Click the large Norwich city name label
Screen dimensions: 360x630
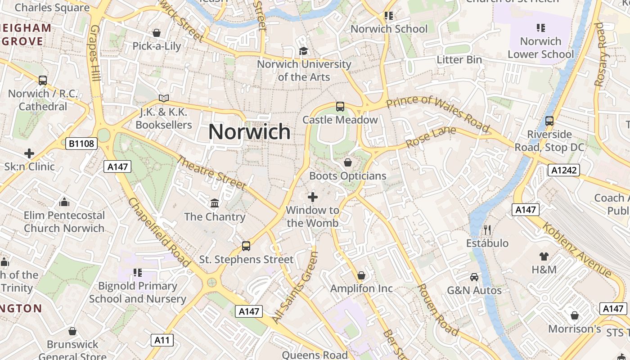(x=249, y=132)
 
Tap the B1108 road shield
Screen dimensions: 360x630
(x=81, y=144)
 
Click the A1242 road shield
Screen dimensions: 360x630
(x=563, y=170)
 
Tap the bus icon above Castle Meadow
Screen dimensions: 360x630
(x=340, y=107)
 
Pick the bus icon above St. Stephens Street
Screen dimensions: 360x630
(x=246, y=246)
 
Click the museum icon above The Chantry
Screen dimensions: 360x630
(x=215, y=203)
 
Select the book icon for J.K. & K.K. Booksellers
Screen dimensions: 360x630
(x=164, y=98)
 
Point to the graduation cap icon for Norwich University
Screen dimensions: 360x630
(x=304, y=51)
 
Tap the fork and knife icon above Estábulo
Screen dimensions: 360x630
(x=487, y=230)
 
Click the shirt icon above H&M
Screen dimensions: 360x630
(x=544, y=256)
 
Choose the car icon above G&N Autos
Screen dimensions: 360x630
(x=474, y=277)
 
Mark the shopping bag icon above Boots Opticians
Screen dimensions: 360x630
(x=348, y=162)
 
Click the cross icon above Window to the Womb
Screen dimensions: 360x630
(x=312, y=197)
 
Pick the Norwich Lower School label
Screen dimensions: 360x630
(x=540, y=48)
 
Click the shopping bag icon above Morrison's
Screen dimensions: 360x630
(x=574, y=315)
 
